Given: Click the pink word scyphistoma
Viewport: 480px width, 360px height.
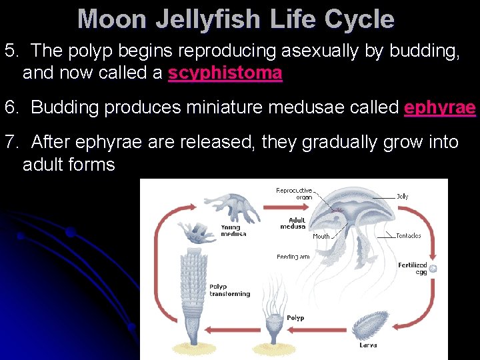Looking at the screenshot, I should click(x=225, y=73).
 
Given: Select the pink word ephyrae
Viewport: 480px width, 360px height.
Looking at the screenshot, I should click(x=439, y=107).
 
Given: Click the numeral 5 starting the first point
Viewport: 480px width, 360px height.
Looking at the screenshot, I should click(x=10, y=51).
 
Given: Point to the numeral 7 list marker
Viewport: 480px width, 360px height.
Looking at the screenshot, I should click(x=10, y=141).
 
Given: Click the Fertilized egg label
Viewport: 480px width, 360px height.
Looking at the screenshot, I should click(x=412, y=268).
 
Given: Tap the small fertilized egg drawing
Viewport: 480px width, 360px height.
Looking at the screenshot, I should click(x=433, y=269).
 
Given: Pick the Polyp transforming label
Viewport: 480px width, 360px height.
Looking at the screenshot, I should click(x=229, y=290).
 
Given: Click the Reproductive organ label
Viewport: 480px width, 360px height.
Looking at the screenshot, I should click(x=294, y=193).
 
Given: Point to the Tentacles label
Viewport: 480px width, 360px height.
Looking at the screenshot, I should click(x=408, y=235).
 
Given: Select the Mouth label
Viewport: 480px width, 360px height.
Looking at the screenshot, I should click(x=321, y=236).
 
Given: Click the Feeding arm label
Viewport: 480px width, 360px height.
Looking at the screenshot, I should click(x=293, y=257).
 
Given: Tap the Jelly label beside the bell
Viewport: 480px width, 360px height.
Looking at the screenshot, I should click(x=403, y=197).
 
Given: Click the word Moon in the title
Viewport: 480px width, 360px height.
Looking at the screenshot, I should click(x=112, y=19).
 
